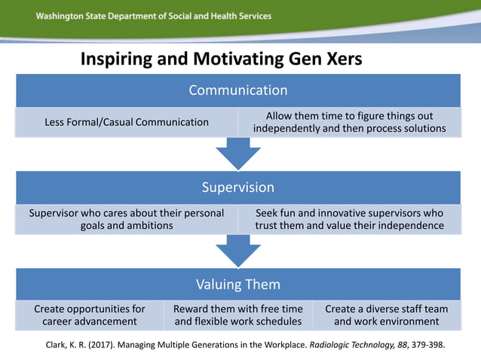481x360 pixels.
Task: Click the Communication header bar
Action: [238, 90]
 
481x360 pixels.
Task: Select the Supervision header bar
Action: [238, 187]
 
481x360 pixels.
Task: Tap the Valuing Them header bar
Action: [238, 284]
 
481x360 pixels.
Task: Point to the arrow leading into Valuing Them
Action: [238, 252]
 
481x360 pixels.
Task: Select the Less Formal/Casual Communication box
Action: [127, 122]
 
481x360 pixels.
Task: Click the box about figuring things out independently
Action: [349, 122]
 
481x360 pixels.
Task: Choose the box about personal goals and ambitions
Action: [127, 219]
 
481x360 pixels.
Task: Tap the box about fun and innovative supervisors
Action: [349, 219]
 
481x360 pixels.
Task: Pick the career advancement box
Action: [90, 315]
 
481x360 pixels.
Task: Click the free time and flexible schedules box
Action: [238, 315]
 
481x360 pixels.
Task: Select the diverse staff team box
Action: [386, 315]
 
